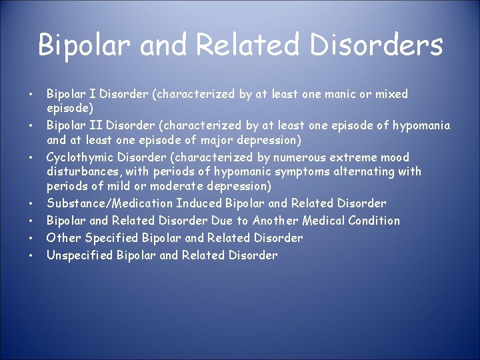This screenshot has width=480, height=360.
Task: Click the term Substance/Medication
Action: pyautogui.click(x=109, y=203)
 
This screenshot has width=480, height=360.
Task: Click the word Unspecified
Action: pyautogui.click(x=80, y=255)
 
